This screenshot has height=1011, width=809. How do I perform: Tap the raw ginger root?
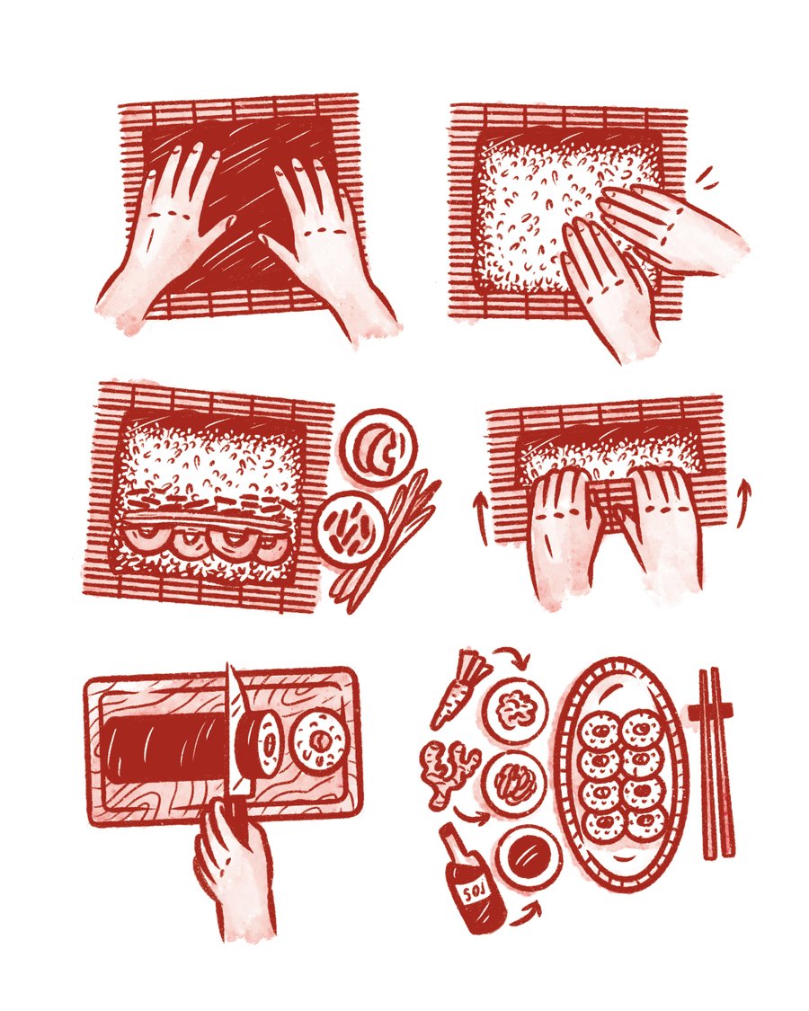(x=448, y=772)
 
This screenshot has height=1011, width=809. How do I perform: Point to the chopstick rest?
(x=710, y=712)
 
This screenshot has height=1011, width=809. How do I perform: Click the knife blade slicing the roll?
(x=236, y=730)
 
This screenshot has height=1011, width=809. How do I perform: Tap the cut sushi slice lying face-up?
(x=318, y=739)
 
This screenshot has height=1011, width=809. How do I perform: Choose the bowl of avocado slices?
(x=376, y=446)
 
